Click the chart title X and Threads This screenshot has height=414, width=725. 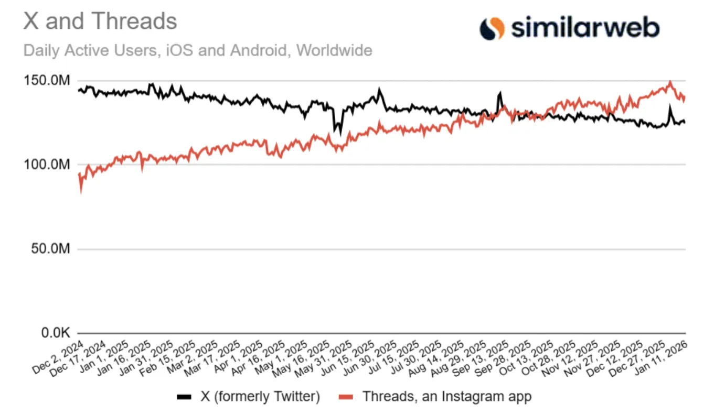[100, 21]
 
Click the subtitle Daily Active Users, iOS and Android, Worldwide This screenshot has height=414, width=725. [198, 51]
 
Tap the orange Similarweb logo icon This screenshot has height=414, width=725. [492, 28]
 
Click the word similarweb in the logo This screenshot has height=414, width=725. [585, 28]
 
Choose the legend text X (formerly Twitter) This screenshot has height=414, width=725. [260, 397]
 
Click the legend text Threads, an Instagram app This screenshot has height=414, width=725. [446, 397]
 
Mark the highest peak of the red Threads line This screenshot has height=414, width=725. [670, 82]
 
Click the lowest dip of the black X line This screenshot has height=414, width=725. [340, 134]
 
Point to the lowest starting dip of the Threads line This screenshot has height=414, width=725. [80, 192]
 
